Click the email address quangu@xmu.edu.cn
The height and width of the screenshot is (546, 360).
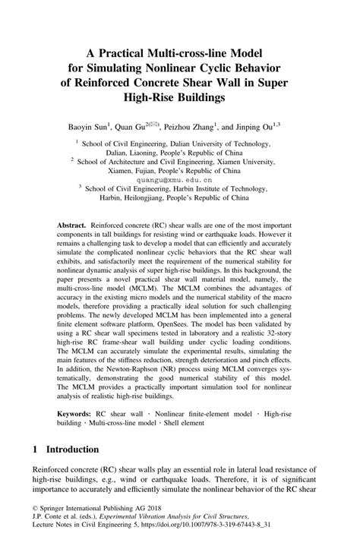click(x=179, y=181)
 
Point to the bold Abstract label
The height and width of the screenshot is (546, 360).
click(x=72, y=227)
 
